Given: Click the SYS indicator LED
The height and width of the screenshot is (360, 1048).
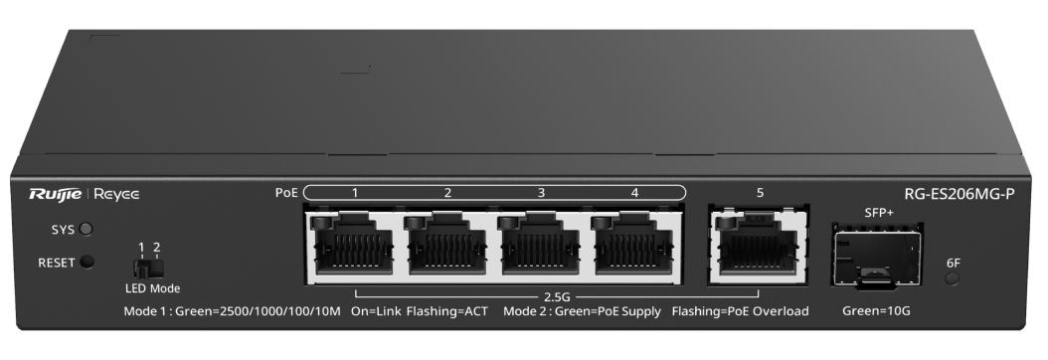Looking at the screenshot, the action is [86, 229].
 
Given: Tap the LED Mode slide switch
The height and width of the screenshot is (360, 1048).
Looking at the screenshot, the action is [148, 269].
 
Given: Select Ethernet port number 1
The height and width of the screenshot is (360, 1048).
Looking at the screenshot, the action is [354, 245].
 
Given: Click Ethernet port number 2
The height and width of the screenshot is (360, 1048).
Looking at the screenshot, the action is [447, 245].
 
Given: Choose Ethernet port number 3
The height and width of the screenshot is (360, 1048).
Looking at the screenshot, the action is [541, 245].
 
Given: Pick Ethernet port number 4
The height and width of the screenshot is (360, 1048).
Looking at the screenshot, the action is [633, 245].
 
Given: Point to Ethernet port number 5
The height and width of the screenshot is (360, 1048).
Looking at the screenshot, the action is [759, 245].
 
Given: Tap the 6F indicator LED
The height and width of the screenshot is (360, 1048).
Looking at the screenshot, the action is [953, 278].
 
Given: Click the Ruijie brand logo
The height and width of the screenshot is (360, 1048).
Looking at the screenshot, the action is [55, 194].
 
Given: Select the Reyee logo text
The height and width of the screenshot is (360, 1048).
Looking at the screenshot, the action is [116, 194].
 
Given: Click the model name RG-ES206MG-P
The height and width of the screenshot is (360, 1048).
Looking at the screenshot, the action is [960, 194].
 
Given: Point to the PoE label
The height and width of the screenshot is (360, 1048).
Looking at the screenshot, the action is [286, 192].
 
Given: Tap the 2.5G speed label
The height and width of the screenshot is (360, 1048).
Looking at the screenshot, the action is [556, 295].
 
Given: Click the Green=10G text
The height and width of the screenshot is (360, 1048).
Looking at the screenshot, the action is [876, 310].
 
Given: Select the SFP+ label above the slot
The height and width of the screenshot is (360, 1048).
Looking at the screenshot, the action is [879, 213].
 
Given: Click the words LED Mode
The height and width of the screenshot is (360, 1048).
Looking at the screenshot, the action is [152, 288].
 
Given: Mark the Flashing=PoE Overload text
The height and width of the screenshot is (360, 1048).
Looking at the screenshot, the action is [740, 310].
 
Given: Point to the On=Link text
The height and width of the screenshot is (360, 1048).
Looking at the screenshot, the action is [376, 310].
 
